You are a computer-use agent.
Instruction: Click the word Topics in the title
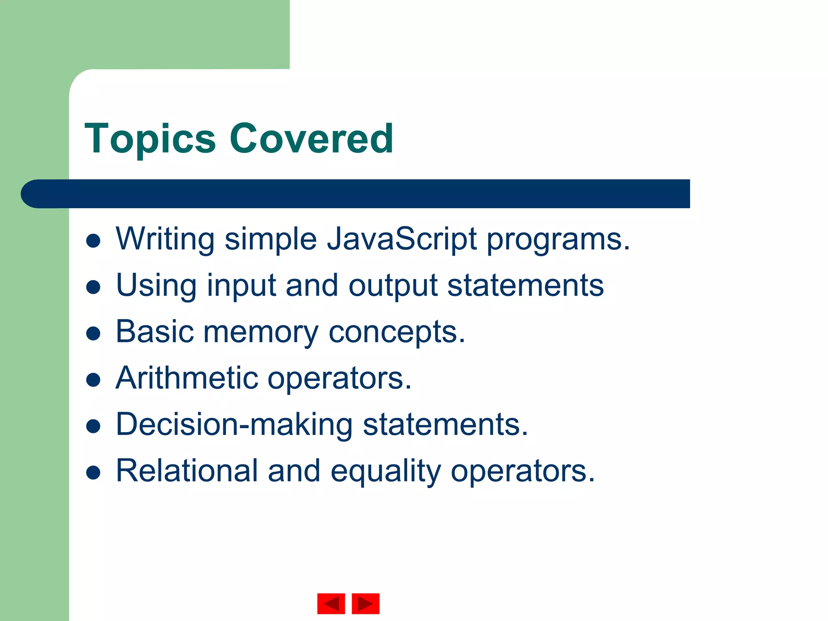[x=150, y=139]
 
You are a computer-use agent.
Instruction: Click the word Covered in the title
[x=311, y=139]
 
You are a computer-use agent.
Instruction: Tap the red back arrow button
[x=331, y=604]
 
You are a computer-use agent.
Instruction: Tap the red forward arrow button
[x=365, y=604]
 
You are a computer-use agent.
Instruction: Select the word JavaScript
[x=402, y=239]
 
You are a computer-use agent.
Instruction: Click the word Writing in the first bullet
[x=165, y=239]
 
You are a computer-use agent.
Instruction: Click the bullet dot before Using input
[x=93, y=287]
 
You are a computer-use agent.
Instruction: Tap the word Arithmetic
[x=187, y=378]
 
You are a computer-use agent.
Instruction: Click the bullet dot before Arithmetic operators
[x=93, y=380]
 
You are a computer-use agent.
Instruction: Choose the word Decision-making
[x=234, y=425]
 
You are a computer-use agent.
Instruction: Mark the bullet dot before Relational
[x=93, y=472]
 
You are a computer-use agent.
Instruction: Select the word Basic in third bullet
[x=155, y=332]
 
